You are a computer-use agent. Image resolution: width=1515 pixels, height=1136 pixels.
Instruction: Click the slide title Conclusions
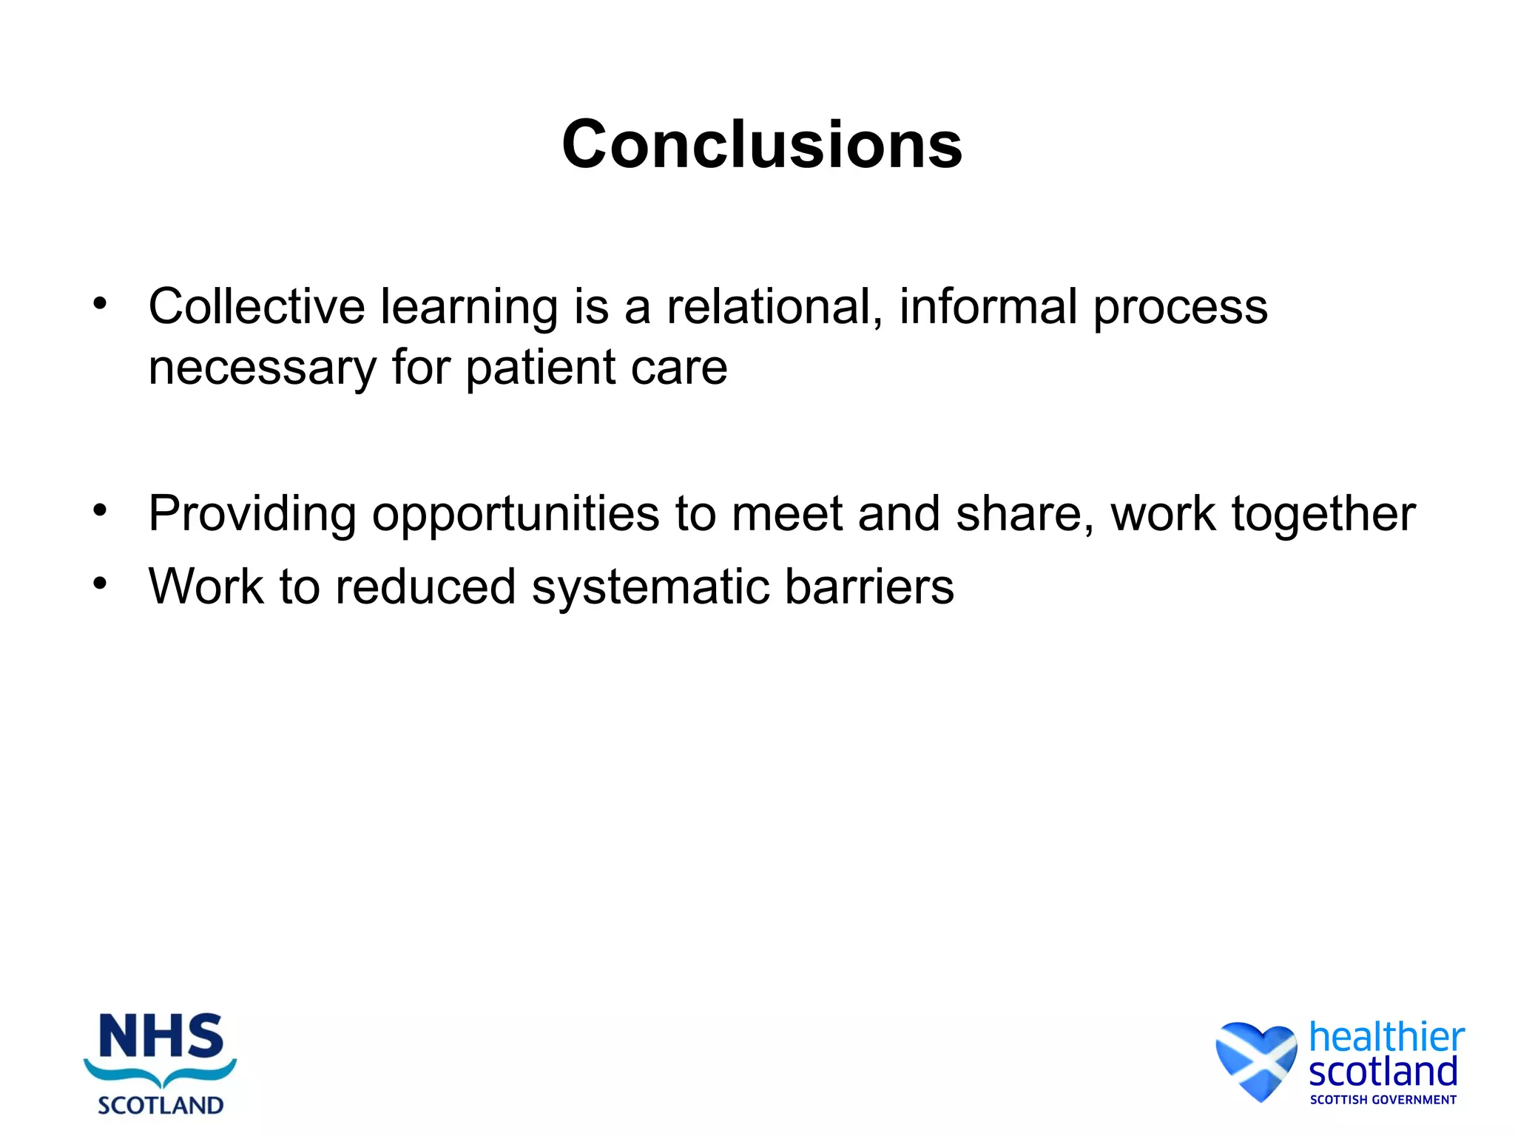(762, 145)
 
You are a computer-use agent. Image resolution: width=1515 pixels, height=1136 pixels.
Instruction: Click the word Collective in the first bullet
(256, 306)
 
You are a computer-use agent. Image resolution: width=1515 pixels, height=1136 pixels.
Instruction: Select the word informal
(988, 306)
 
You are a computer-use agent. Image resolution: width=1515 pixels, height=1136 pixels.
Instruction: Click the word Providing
(252, 514)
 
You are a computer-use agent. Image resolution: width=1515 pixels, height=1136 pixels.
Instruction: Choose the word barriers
(869, 586)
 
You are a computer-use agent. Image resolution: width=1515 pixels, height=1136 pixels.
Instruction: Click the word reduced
(425, 586)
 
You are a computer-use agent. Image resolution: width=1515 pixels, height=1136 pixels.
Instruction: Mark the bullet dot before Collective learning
(100, 303)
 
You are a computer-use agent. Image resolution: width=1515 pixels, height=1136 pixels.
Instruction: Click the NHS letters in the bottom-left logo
(161, 1037)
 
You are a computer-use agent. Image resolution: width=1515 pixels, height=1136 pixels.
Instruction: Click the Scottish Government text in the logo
(1383, 1100)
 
